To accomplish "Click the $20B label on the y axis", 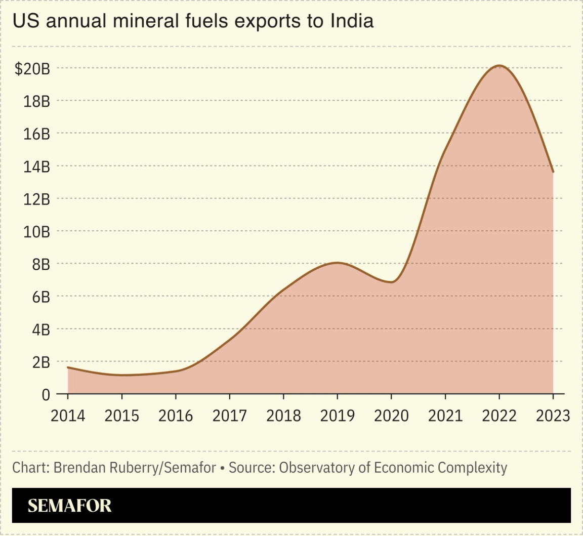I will click(32, 69).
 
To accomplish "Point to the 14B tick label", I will click(36, 167).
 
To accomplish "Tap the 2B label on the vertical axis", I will click(40, 362).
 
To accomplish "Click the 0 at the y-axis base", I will click(46, 394).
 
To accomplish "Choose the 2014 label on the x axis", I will click(68, 416).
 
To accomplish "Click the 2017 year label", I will click(229, 416).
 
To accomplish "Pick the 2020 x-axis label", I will click(391, 416).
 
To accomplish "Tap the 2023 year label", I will click(553, 416).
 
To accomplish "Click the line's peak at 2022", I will click(499, 66).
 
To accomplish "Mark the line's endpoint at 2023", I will click(553, 172).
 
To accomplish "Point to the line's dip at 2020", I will click(391, 282).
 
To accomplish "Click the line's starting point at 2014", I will click(68, 367).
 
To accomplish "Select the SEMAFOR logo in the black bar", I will click(69, 506).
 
